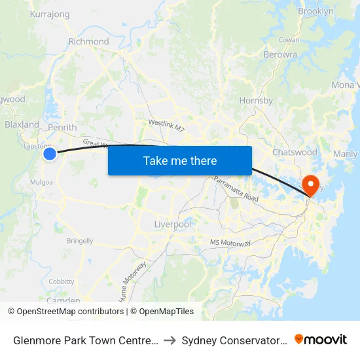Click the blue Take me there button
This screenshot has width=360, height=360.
180,160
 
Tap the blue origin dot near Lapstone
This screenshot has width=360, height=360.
50,154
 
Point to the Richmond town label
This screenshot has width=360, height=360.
88,41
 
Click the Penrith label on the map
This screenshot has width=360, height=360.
62,128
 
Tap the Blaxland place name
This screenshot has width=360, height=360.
22,124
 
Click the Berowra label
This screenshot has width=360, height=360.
279,55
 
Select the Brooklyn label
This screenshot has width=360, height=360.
315,11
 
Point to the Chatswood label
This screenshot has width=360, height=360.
295,152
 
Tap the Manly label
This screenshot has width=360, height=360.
346,154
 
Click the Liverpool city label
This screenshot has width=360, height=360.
172,225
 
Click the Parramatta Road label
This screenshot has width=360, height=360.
231,187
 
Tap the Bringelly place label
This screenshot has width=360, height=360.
80,241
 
